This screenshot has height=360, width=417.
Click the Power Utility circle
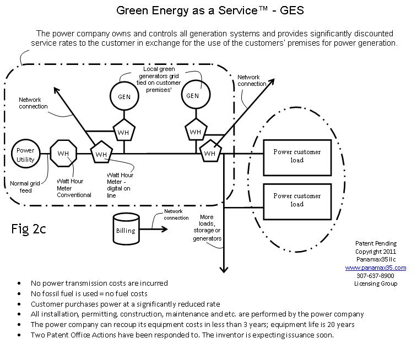25,155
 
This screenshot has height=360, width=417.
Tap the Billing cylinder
126,227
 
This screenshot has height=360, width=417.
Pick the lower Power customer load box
297,199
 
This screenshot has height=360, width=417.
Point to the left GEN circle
124,96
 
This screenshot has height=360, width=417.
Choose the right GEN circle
192,95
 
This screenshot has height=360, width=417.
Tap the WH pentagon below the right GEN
195,131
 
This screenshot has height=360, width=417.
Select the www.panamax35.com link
376,268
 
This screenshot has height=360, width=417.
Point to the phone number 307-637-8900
376,275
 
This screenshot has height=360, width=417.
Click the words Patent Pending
376,243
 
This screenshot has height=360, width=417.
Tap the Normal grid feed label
23,187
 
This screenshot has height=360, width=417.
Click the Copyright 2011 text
376,252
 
